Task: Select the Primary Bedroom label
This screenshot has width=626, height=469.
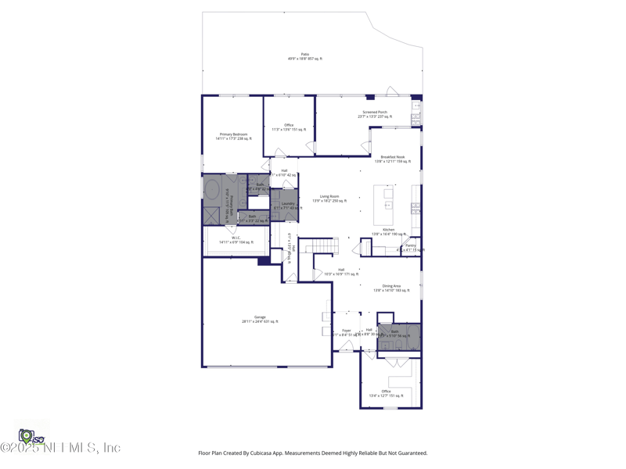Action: [233, 136]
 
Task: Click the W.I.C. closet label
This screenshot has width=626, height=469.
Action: [236, 240]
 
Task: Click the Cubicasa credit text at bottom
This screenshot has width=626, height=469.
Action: [313, 453]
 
